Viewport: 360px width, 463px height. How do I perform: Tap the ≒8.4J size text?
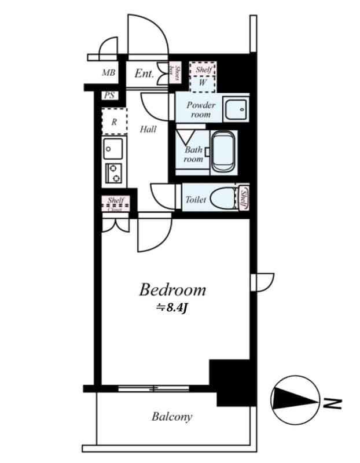coord(172,308)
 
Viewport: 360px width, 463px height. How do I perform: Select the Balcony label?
coord(172,416)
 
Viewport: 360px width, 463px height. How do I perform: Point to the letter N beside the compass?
coord(334,401)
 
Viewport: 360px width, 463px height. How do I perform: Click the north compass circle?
coord(295,399)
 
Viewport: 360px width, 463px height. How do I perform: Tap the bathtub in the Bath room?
coord(224,152)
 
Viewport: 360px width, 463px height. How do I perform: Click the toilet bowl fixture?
coord(223,199)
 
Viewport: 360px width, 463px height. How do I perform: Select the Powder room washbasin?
coord(236,108)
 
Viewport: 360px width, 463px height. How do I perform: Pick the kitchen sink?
coord(113,149)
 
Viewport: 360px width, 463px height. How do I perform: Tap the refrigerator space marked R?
coord(114,122)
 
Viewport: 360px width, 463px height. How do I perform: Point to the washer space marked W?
coord(203,83)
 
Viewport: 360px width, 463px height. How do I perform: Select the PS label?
coord(109,96)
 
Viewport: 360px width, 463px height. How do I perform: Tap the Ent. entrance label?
coord(144,74)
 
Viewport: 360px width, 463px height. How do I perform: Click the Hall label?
coord(148,130)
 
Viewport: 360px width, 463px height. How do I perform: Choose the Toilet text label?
coord(196,200)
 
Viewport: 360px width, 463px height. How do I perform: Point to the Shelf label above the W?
coord(203,69)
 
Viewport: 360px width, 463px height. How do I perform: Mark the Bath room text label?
coord(193,154)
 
